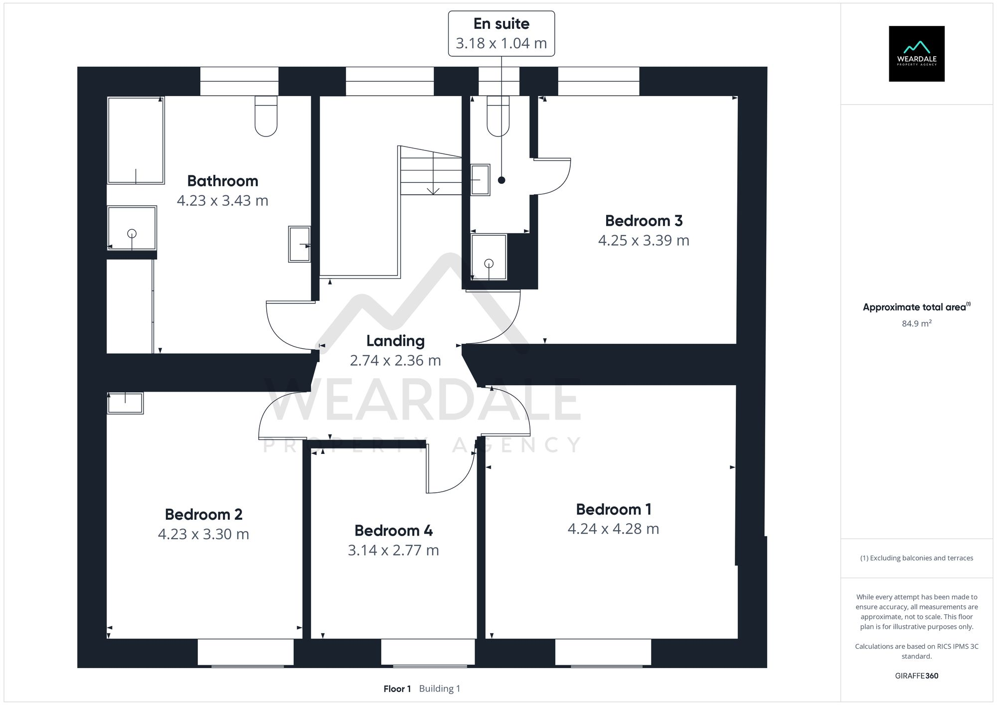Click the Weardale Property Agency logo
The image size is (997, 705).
pyautogui.click(x=916, y=54)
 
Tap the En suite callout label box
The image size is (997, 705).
pyautogui.click(x=501, y=33)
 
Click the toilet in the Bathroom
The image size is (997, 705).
pyautogui.click(x=266, y=117)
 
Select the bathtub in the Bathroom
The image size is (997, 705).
pyautogui.click(x=136, y=140)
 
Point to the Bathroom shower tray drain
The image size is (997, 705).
pyautogui.click(x=132, y=233)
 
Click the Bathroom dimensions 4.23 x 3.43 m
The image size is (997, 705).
pyautogui.click(x=222, y=200)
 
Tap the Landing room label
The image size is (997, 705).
pyautogui.click(x=395, y=341)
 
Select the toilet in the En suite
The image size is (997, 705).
pyautogui.click(x=498, y=117)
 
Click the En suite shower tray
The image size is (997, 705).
pyautogui.click(x=489, y=257)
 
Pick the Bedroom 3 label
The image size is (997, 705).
pyautogui.click(x=644, y=221)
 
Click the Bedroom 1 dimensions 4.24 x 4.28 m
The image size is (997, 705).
pyautogui.click(x=613, y=529)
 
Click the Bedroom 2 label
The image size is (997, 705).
pyautogui.click(x=203, y=514)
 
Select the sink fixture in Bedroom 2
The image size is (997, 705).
pyautogui.click(x=125, y=403)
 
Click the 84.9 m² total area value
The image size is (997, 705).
pyautogui.click(x=916, y=323)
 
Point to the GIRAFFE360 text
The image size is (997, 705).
pyautogui.click(x=916, y=676)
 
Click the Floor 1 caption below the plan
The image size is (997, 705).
pyautogui.click(x=397, y=689)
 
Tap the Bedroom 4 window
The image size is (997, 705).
pyautogui.click(x=428, y=652)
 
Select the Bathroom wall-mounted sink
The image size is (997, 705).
pyautogui.click(x=299, y=244)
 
